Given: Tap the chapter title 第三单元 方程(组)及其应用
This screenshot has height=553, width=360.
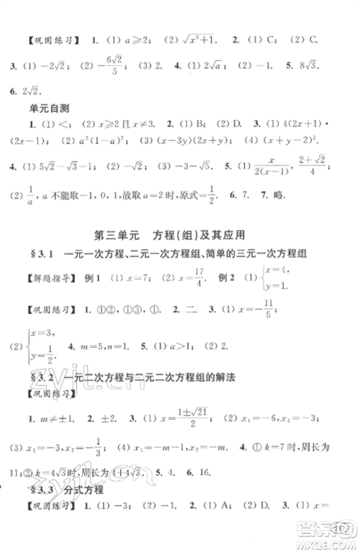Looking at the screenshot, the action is point(180,253).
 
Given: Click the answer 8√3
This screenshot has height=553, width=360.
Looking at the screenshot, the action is point(332,66).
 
